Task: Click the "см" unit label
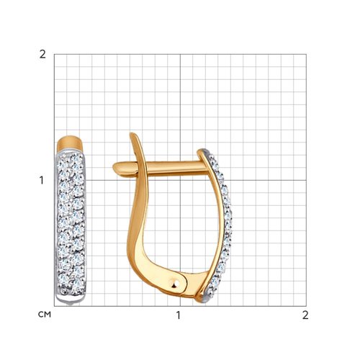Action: (x=45, y=314)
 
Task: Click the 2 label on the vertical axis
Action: (x=42, y=55)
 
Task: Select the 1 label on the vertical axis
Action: (x=42, y=180)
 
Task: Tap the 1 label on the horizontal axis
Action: (x=178, y=315)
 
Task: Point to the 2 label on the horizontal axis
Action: (x=305, y=315)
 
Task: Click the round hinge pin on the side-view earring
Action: (x=176, y=284)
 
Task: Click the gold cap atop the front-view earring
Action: (x=70, y=143)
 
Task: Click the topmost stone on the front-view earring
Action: (x=76, y=158)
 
